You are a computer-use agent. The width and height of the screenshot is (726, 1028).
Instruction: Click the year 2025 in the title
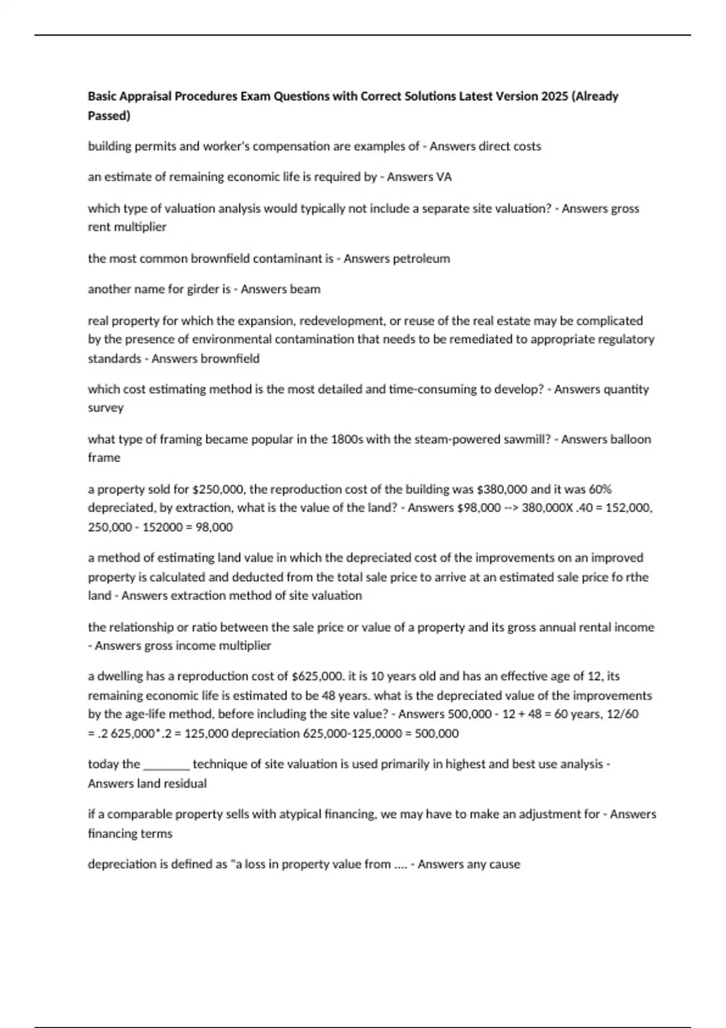552,96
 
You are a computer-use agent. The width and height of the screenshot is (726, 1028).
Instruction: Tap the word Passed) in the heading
109,115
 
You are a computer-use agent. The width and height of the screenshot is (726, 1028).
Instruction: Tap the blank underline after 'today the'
166,765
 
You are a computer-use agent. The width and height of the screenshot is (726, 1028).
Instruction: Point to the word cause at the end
505,865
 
